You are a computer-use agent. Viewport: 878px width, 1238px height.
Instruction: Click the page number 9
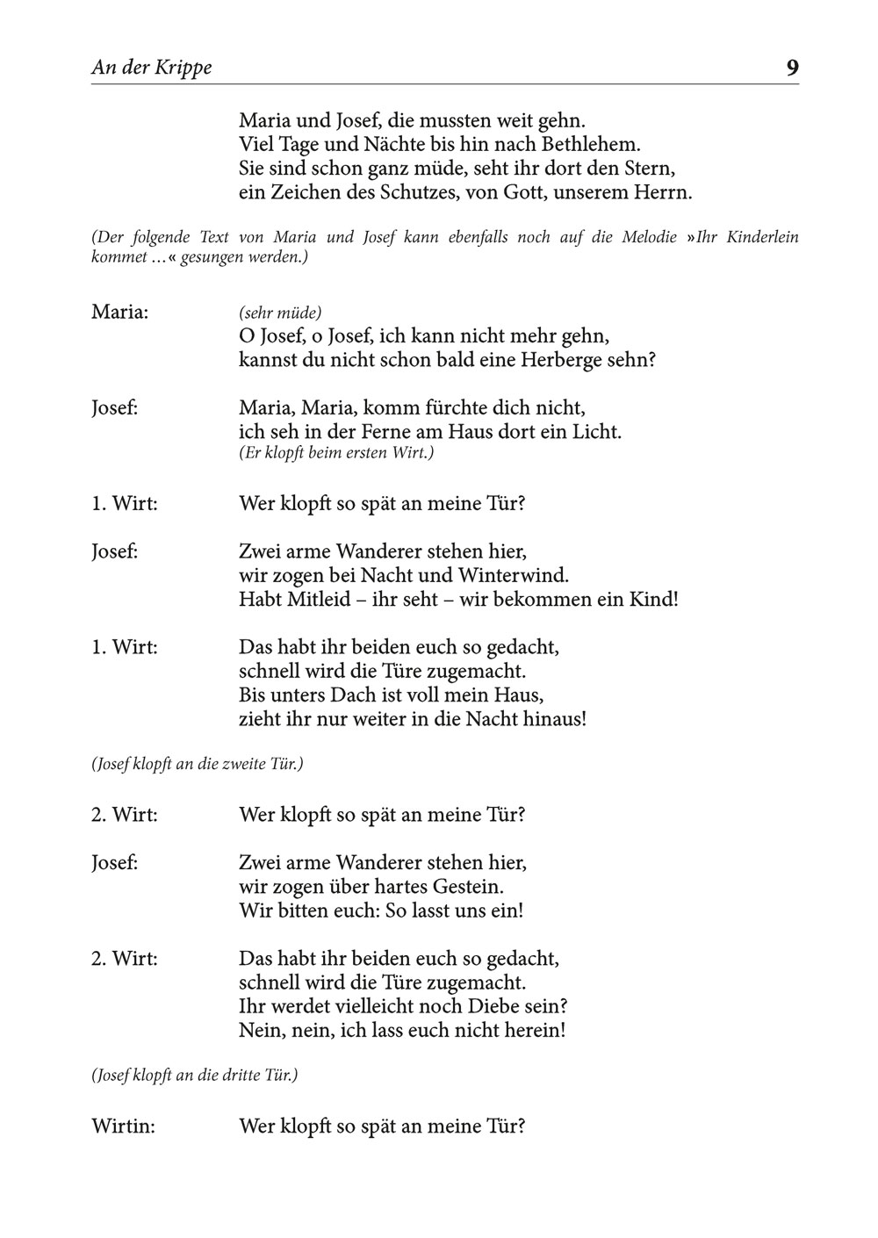pos(792,68)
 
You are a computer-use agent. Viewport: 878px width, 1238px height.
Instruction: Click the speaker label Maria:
pos(119,312)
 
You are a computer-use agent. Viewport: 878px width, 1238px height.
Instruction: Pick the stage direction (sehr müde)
pos(280,313)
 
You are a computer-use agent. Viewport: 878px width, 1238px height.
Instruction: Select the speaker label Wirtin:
pos(123,1126)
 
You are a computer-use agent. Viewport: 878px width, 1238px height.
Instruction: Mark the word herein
pos(534,1030)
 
